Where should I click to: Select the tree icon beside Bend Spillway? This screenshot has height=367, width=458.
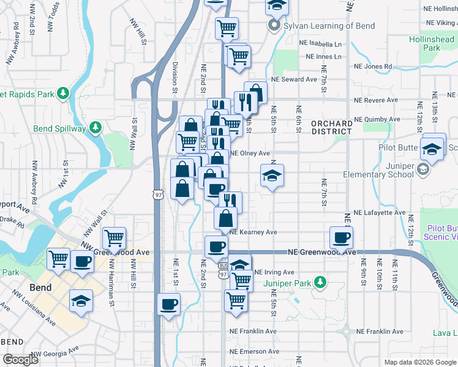95,127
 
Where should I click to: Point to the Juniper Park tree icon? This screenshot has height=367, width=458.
318,283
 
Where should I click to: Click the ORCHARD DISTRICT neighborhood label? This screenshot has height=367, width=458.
331,128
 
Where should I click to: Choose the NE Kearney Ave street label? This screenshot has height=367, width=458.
253,232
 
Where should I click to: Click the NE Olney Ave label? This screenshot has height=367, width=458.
250,154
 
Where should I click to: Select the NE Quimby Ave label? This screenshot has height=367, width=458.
377,119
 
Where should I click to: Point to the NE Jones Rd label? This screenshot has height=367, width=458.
373,67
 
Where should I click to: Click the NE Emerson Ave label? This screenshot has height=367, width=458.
254,352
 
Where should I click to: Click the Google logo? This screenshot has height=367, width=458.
20,360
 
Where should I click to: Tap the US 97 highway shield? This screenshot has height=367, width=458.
157,194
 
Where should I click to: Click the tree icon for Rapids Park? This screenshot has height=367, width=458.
62,93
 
